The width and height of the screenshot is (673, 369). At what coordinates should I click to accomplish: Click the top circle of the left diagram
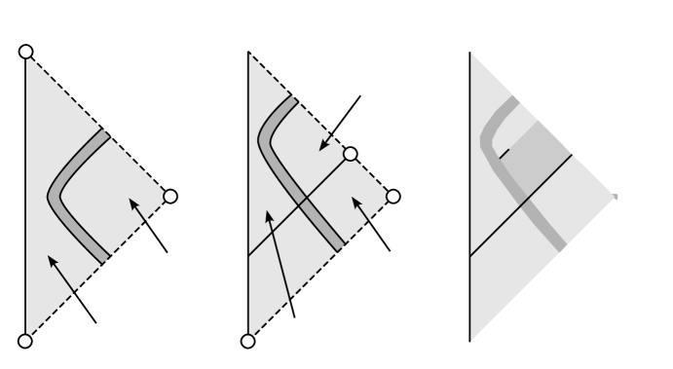point(26,51)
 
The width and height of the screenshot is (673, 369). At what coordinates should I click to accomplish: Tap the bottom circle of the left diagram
point(26,340)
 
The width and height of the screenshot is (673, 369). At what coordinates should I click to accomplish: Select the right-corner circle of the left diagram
point(170,196)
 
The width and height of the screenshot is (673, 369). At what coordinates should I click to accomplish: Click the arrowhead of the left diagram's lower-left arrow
point(48,255)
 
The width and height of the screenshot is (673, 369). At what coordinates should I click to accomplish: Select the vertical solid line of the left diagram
point(23,195)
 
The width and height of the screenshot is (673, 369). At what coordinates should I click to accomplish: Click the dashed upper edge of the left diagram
point(97,123)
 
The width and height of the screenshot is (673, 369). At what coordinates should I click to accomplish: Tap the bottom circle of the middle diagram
point(247,340)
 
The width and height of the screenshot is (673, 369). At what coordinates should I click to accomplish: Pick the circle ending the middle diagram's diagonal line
point(350,153)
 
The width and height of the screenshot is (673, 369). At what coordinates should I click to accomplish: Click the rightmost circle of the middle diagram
point(393,196)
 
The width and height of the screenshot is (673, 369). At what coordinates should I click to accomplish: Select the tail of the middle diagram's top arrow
point(360,95)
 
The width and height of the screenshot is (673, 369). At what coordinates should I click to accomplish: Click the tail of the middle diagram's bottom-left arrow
point(294,316)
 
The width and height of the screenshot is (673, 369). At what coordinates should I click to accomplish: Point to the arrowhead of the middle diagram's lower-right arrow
point(354,200)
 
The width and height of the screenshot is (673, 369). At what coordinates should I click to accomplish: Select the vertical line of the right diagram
point(470,195)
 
